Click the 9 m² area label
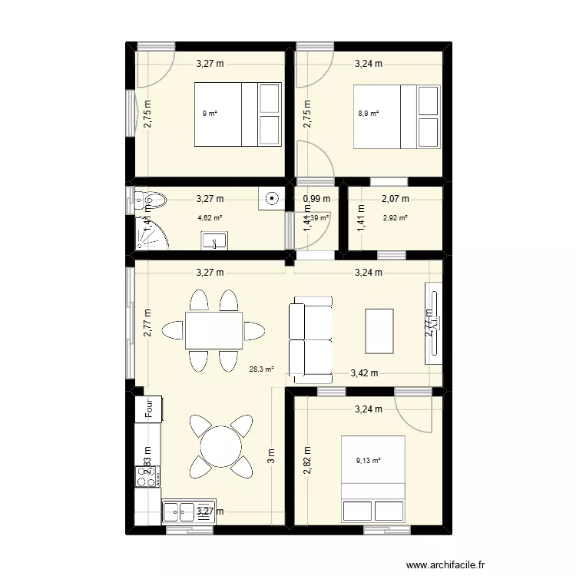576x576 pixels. tap(210, 113)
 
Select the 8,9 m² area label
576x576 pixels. tap(369, 113)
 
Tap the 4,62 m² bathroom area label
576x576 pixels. tap(210, 217)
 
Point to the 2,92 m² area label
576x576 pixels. tap(395, 217)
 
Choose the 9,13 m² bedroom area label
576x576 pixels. tap(369, 461)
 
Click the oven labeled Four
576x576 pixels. tap(150, 409)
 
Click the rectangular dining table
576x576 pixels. tap(214, 330)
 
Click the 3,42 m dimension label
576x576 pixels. tap(364, 373)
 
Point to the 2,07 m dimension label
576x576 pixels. tap(396, 199)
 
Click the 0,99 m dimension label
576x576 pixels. tap(316, 199)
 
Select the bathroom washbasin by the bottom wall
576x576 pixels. tap(214, 242)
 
